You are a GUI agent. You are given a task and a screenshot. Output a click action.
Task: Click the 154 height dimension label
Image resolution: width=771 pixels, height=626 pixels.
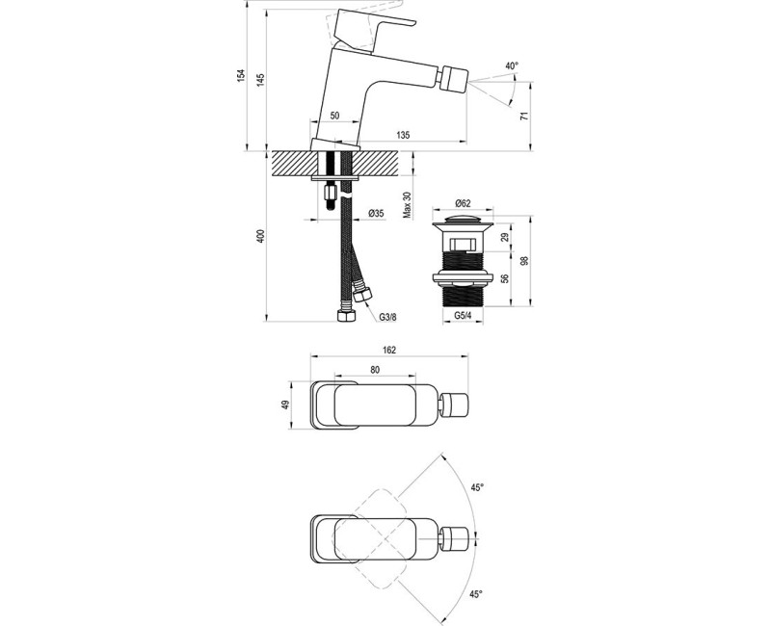pos(241,75)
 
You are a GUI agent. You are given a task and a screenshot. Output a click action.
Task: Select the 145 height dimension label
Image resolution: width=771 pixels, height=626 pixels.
pos(260,79)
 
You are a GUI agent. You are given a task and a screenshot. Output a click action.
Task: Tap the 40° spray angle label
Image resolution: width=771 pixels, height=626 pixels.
pos(512,65)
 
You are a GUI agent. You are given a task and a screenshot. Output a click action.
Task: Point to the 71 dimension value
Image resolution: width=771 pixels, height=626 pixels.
pos(524,116)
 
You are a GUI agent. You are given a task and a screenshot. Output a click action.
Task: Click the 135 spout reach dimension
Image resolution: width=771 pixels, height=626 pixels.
pos(403,135)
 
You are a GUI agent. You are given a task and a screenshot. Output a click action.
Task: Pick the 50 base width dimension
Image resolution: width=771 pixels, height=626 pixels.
pos(334,116)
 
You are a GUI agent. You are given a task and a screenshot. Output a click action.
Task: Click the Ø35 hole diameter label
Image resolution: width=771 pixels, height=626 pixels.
pos(376,213)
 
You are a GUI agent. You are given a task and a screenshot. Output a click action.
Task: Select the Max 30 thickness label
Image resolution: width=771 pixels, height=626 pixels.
pos(407,204)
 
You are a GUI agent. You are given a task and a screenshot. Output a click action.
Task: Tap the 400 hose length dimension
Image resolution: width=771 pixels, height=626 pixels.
pos(261,236)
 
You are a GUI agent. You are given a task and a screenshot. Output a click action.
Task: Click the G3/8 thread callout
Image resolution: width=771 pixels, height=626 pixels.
pos(387,318)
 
